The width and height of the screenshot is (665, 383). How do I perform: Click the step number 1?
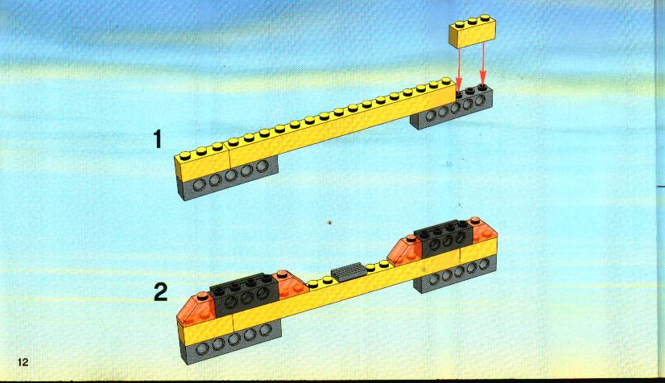pyautogui.click(x=158, y=139)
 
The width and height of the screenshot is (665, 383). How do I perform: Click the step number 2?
pyautogui.click(x=160, y=292)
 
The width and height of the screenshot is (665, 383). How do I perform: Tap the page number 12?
pyautogui.click(x=23, y=362)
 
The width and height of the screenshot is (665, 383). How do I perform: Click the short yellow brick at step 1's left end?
pyautogui.click(x=202, y=162)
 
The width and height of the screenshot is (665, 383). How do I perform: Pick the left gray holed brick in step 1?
pyautogui.click(x=228, y=179)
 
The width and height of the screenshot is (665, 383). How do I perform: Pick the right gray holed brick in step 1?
pyautogui.click(x=452, y=108)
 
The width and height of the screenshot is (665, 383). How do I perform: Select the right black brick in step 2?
pyautogui.click(x=444, y=238)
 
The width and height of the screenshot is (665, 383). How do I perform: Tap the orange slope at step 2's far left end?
pyautogui.click(x=197, y=308)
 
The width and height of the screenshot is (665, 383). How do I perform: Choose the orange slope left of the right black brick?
pyautogui.click(x=405, y=250)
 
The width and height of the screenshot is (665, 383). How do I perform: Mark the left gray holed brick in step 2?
pyautogui.click(x=229, y=342)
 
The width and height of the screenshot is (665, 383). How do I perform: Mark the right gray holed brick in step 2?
pyautogui.click(x=456, y=273)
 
